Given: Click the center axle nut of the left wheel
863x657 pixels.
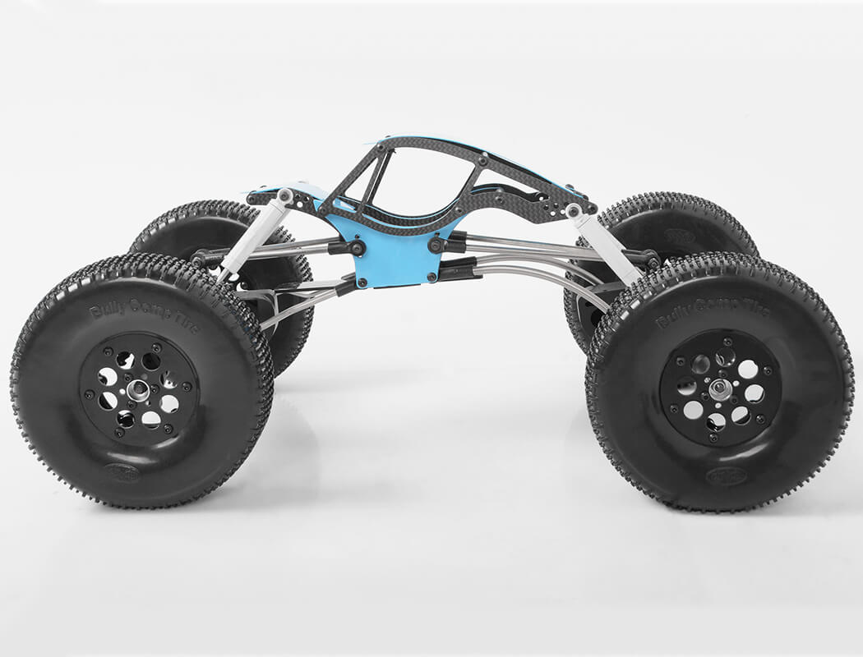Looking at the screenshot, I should pos(139,390).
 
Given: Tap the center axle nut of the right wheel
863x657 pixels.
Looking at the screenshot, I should pos(720,389).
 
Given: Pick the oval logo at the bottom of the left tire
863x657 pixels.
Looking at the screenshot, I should pos(121,471).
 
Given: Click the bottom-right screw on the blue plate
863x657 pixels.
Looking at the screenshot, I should pos(431,278).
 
